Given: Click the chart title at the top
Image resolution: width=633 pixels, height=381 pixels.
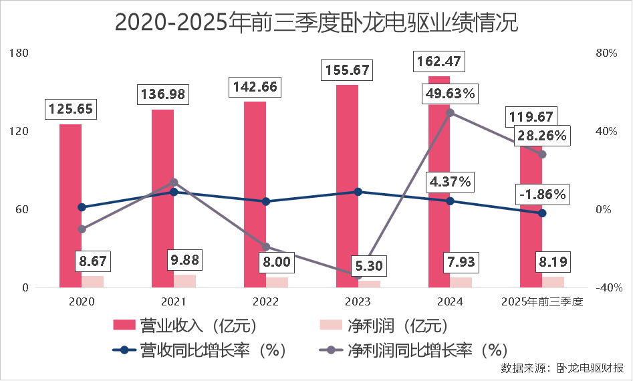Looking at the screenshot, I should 316,22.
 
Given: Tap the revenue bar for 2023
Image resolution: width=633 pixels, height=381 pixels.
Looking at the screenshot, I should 347,180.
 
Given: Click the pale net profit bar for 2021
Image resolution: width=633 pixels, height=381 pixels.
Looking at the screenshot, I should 185,281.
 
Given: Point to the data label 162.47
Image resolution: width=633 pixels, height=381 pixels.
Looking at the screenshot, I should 438,61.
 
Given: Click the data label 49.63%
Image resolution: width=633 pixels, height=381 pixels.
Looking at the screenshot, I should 449,93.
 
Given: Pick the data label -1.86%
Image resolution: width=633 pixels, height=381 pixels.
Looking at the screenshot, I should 542,195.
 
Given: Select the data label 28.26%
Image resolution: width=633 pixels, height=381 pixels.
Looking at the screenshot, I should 542,136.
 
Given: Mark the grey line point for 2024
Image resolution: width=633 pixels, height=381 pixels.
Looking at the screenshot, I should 450,112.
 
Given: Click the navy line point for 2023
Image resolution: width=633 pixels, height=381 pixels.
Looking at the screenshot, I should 358,192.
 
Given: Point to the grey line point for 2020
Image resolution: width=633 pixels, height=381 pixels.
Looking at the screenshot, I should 82,229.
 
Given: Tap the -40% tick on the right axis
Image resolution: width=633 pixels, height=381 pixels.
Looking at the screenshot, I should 608,288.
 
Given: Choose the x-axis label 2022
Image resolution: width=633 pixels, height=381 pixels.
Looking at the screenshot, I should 265,302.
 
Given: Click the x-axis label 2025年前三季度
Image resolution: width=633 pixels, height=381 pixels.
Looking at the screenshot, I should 542,302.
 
